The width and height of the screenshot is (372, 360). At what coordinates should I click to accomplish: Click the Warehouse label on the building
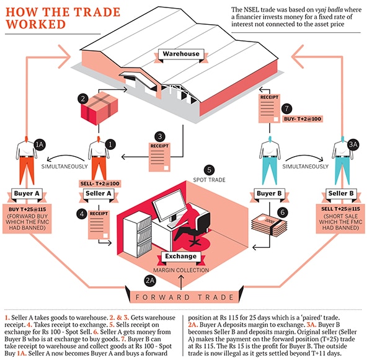(180, 54)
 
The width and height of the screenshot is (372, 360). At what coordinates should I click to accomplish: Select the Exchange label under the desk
(180, 255)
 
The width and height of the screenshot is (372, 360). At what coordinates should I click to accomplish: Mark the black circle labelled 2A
(149, 281)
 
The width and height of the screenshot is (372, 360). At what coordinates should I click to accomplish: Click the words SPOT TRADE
(208, 181)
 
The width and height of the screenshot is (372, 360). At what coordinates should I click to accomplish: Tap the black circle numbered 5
(210, 169)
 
